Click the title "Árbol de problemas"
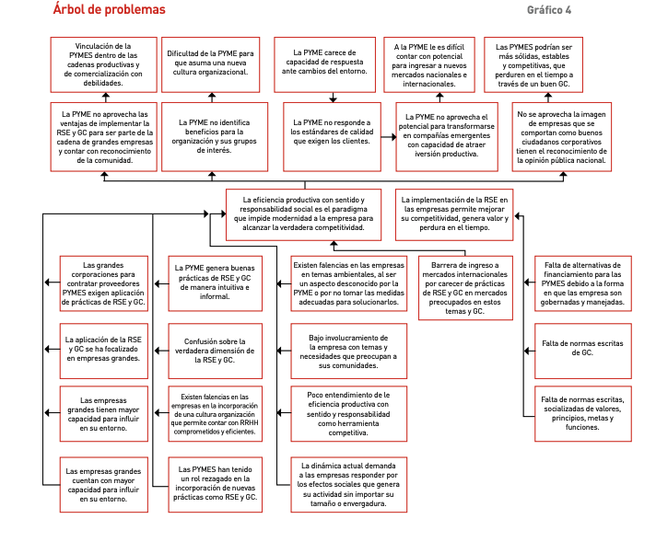110,9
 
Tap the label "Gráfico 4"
549,10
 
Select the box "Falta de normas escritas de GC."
583,351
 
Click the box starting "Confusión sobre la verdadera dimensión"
215,351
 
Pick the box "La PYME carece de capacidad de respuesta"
324,64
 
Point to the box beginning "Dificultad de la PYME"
210,64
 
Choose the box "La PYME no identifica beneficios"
215,136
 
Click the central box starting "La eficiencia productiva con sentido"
303,214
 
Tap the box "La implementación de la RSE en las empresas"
454,214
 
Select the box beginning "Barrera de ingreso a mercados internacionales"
465,288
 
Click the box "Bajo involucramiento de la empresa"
348,351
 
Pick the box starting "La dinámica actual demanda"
348,484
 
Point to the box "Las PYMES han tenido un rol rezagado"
215,484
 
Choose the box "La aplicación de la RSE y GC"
104,351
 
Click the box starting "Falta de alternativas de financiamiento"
583,283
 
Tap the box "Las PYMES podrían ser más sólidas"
533,64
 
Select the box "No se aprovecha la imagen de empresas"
561,136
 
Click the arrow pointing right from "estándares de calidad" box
389,136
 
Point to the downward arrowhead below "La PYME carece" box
333,99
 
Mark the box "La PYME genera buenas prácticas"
215,283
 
